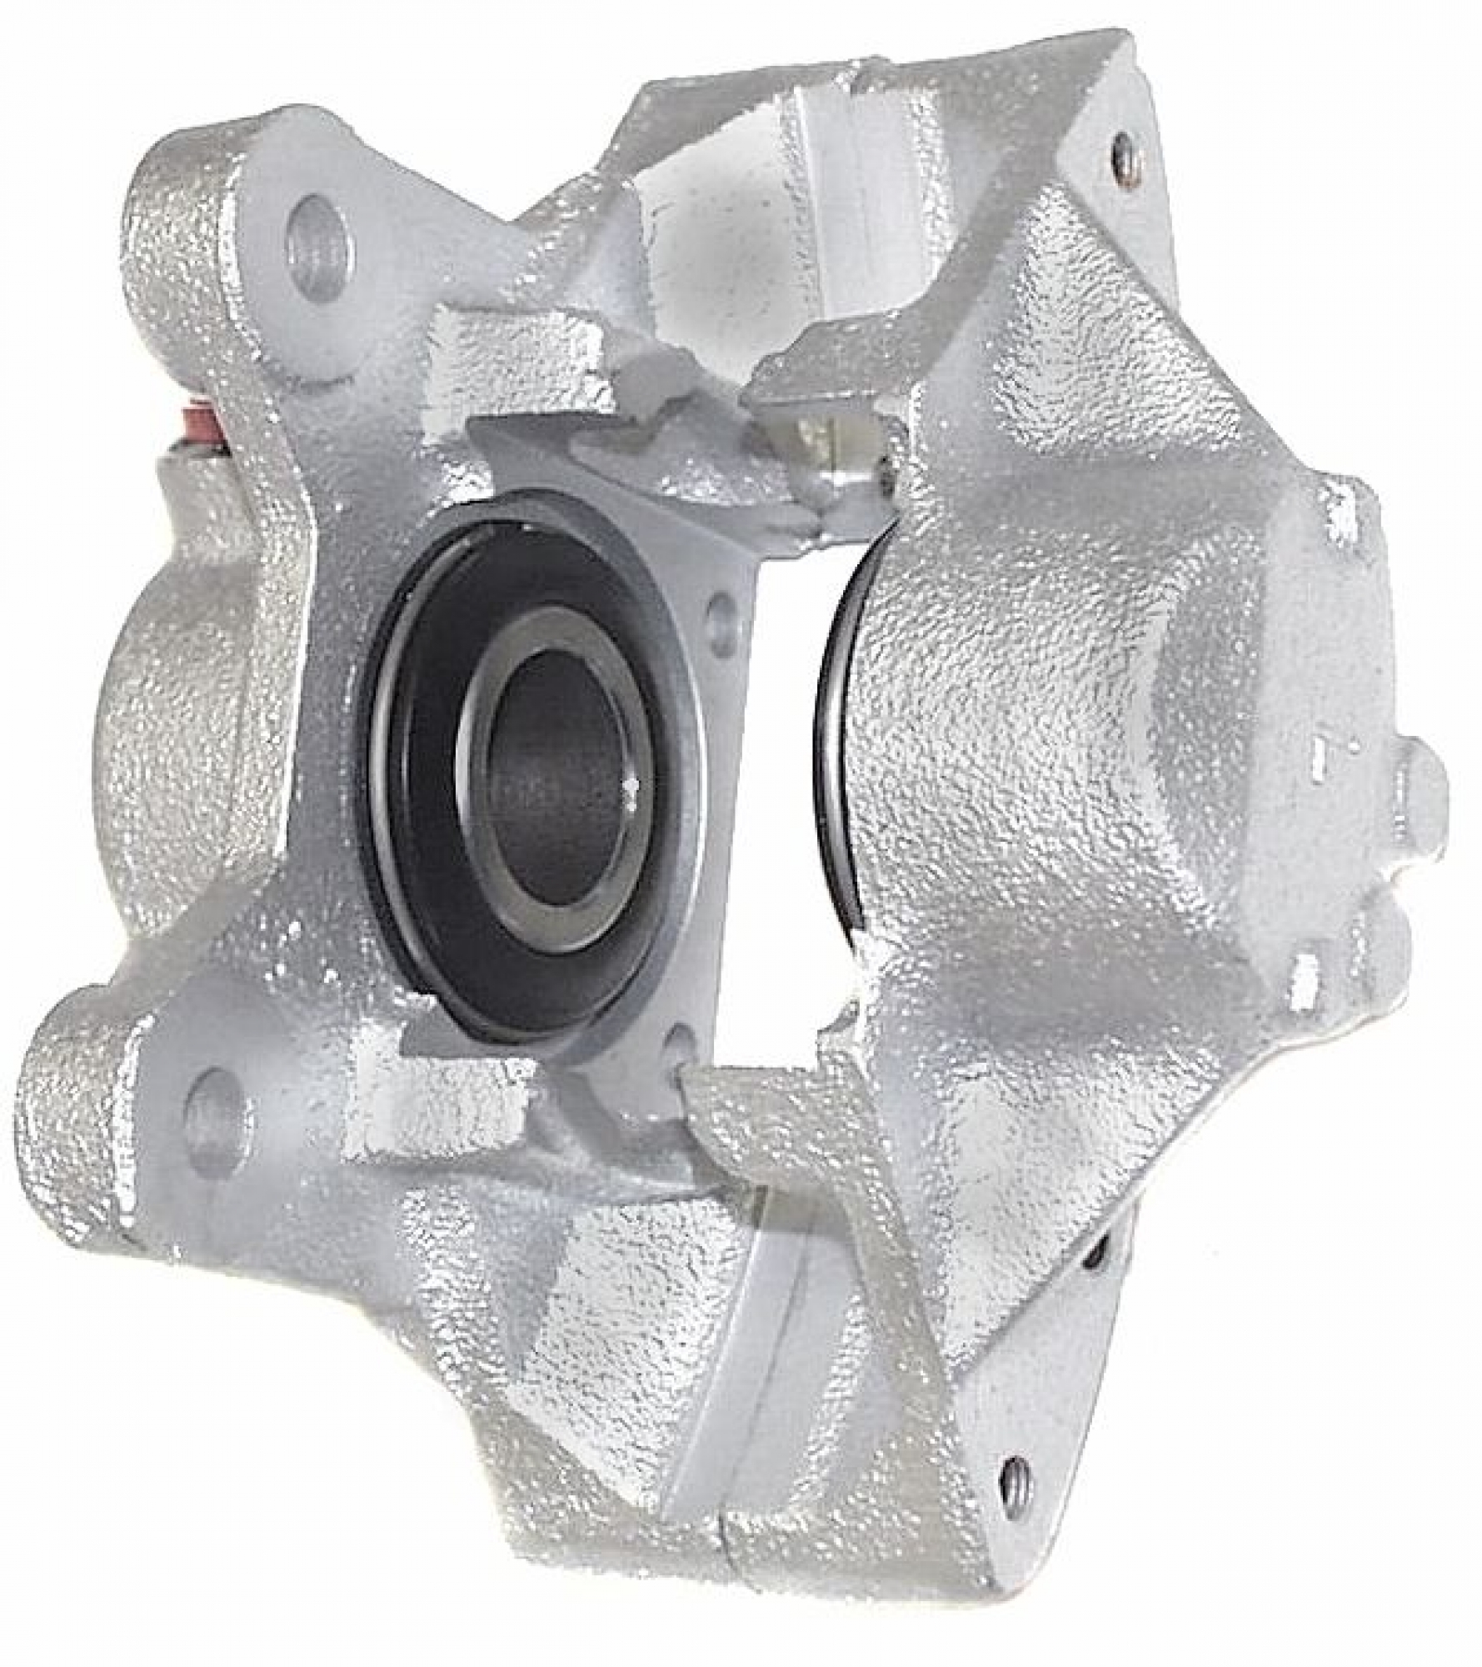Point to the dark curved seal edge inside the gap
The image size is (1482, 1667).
[x=833, y=750]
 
